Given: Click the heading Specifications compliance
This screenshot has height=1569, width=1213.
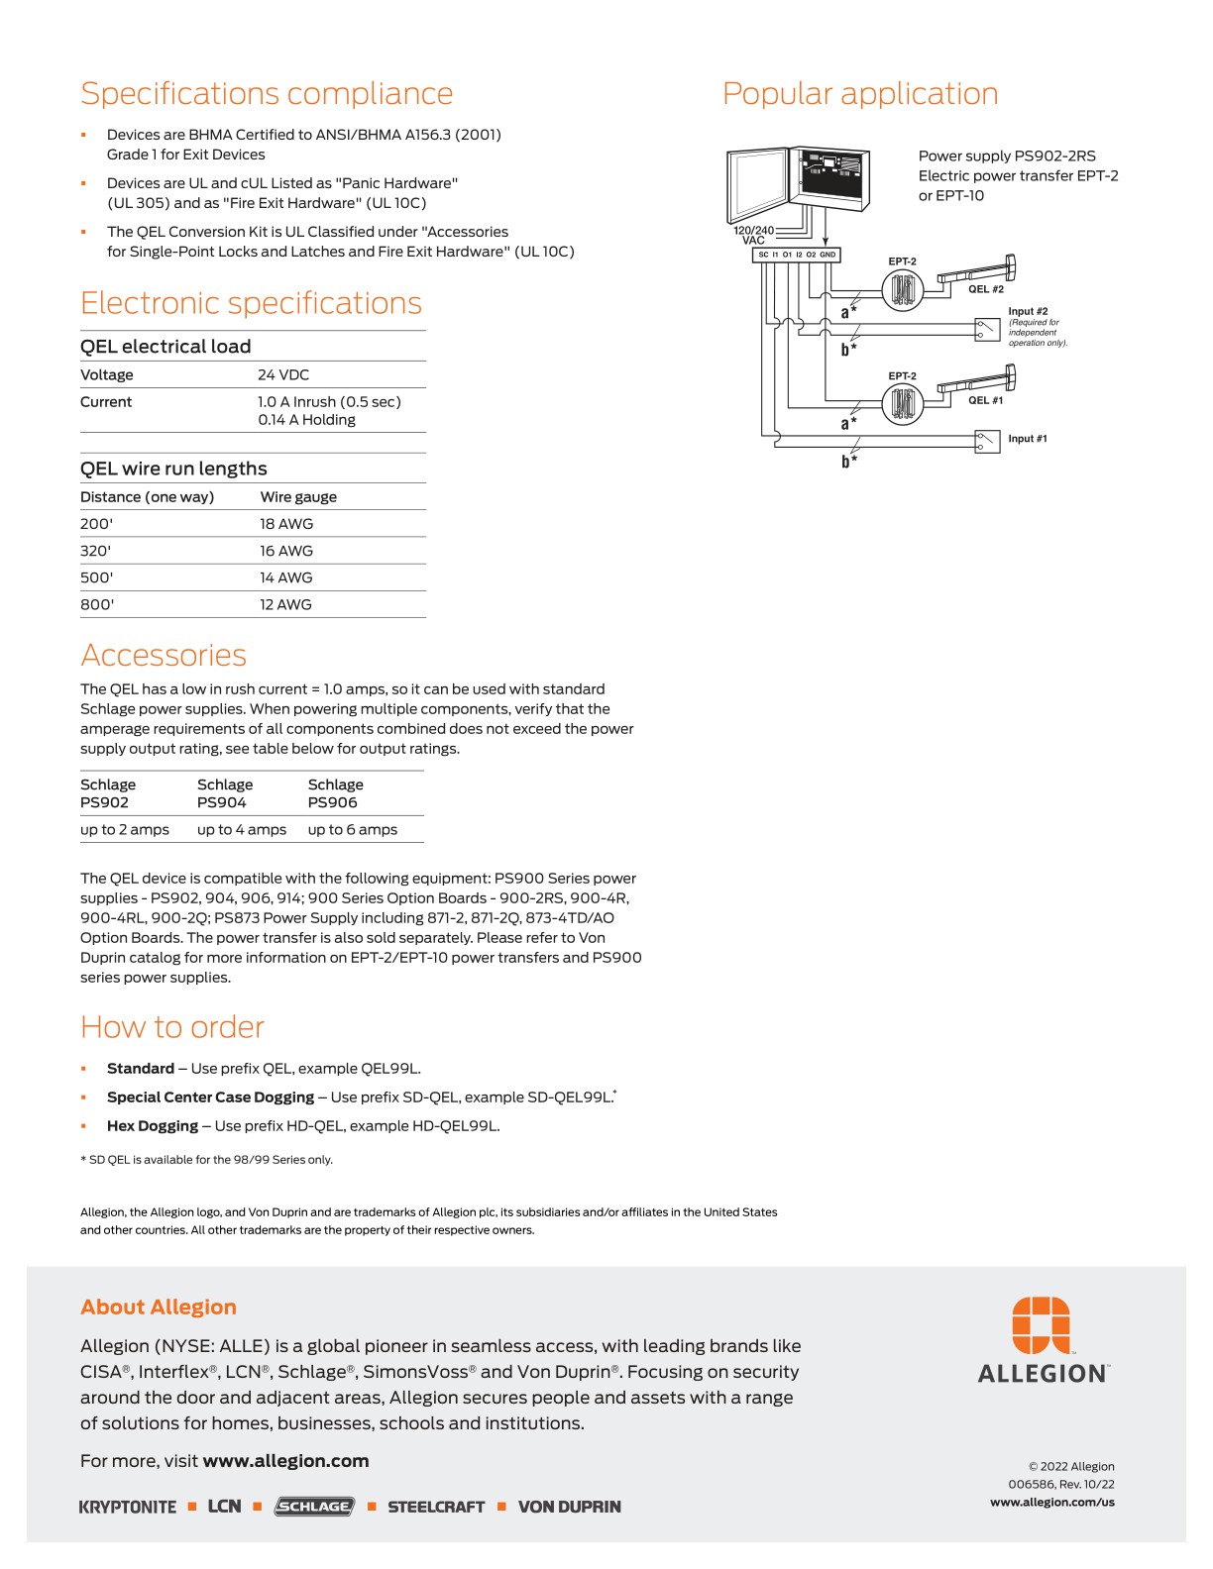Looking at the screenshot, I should [267, 94].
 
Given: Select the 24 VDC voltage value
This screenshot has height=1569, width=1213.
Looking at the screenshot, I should [283, 375].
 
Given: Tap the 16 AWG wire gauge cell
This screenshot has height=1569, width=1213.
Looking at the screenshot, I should [286, 551].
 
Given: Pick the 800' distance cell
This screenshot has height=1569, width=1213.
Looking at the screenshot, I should [97, 604].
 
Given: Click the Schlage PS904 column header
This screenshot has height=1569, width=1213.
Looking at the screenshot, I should [225, 793].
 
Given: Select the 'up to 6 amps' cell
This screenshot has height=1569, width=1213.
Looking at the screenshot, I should [352, 830].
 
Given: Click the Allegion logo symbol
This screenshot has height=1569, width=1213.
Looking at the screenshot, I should [1041, 1325].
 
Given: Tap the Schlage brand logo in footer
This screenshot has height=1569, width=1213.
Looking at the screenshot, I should [314, 1507].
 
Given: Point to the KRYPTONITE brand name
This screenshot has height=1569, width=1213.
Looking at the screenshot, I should [128, 1507].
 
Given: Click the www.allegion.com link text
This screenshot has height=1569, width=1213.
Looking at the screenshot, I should [285, 1461].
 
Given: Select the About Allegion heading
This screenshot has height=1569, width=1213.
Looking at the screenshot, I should [159, 1307].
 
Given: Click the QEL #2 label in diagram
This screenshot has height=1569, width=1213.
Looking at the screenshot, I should [985, 289].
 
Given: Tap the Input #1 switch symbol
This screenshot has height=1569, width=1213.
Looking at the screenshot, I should [987, 440].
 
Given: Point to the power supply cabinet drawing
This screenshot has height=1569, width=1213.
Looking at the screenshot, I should [798, 180].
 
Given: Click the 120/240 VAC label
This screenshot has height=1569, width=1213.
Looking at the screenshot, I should [753, 235].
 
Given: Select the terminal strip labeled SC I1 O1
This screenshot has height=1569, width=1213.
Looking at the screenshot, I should [797, 255].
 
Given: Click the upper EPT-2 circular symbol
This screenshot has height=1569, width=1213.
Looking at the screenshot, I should [903, 290].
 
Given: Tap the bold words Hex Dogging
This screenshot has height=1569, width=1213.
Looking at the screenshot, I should [153, 1126].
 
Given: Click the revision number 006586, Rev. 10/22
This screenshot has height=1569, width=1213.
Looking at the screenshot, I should [1061, 1485].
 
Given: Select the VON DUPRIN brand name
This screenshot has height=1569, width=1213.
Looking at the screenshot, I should [570, 1507].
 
